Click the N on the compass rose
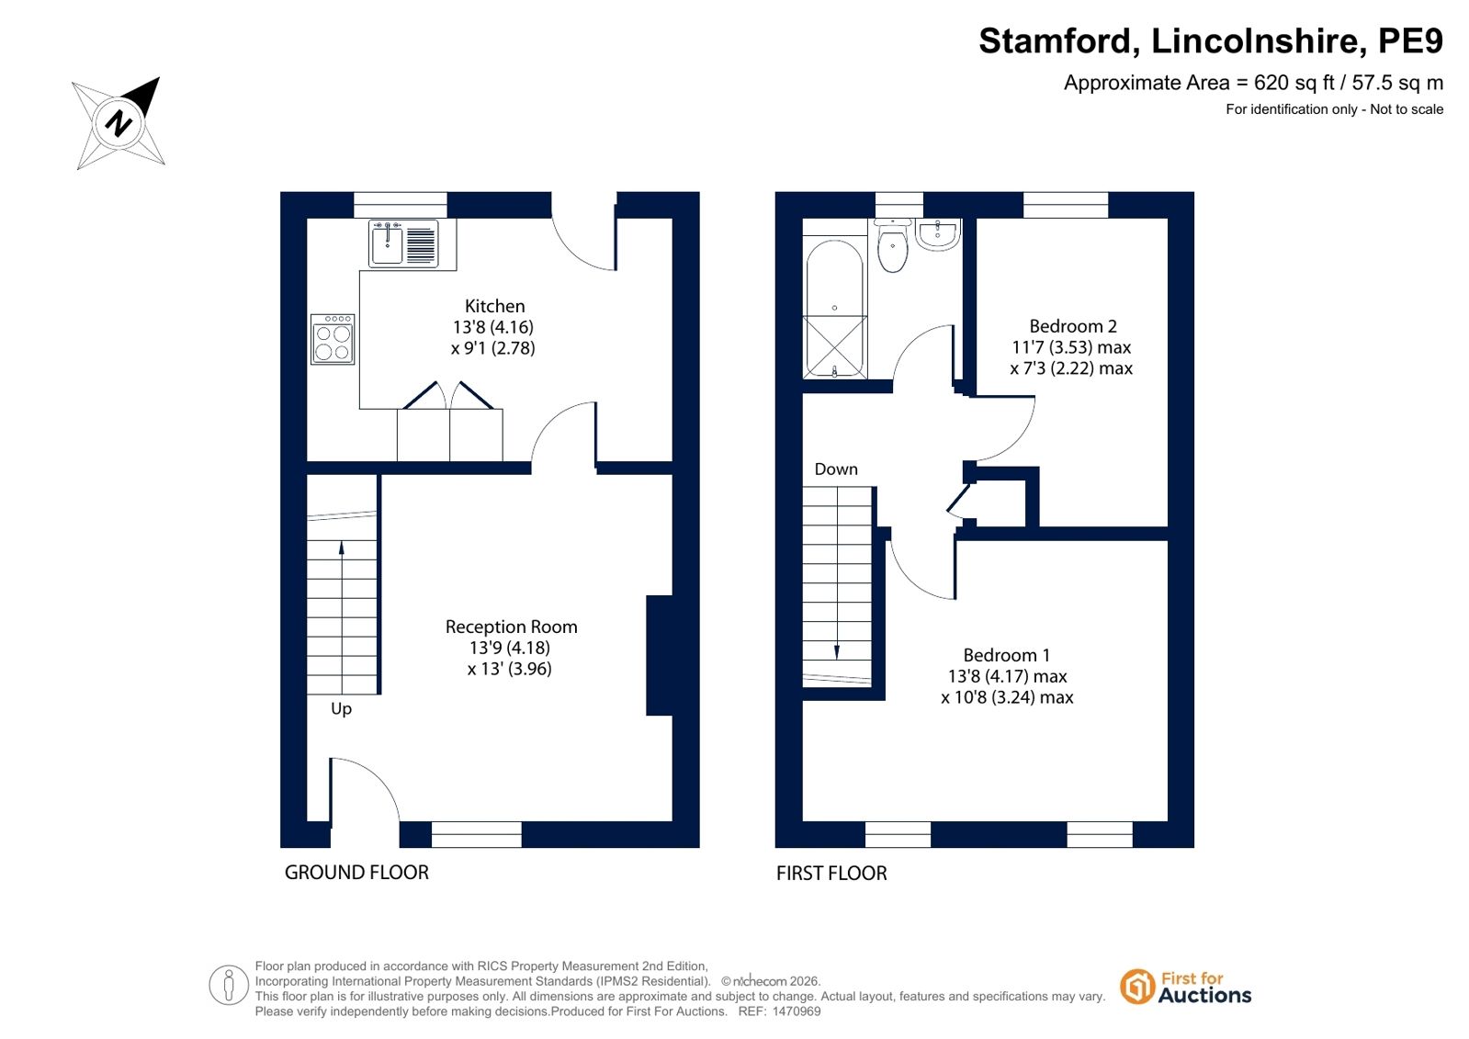[119, 123]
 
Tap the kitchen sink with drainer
[403, 243]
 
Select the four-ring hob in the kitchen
[333, 339]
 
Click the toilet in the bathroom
[893, 246]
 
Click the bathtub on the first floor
[835, 308]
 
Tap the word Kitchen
[494, 306]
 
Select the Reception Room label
[511, 627]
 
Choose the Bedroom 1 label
[1006, 655]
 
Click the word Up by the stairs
[341, 709]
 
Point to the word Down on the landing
[835, 469]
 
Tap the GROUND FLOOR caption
[356, 873]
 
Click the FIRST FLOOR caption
[831, 873]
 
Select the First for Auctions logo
[1185, 988]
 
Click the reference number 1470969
[797, 1011]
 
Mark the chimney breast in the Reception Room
[660, 655]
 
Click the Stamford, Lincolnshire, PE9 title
[1211, 40]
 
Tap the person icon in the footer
[228, 985]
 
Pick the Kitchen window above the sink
[400, 205]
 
